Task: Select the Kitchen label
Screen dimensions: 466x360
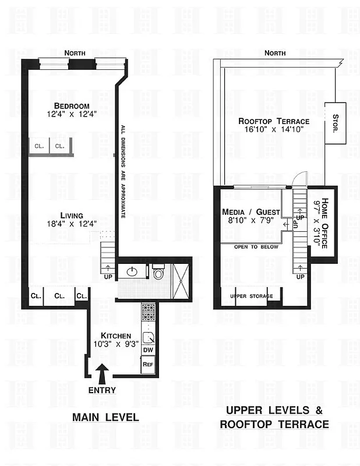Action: click(x=116, y=336)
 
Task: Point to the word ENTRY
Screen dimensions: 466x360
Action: click(x=102, y=390)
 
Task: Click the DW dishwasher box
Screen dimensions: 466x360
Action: click(x=148, y=349)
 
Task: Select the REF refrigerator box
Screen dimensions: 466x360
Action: click(x=148, y=363)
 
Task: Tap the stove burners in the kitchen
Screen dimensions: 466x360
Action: click(x=148, y=312)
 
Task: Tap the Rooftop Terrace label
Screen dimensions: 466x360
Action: click(x=273, y=121)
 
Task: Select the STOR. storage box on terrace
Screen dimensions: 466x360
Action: click(x=335, y=124)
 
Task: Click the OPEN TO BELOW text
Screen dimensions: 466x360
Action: click(x=256, y=246)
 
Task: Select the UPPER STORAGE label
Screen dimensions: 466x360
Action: click(x=251, y=296)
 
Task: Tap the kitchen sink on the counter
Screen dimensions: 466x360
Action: click(x=148, y=336)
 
